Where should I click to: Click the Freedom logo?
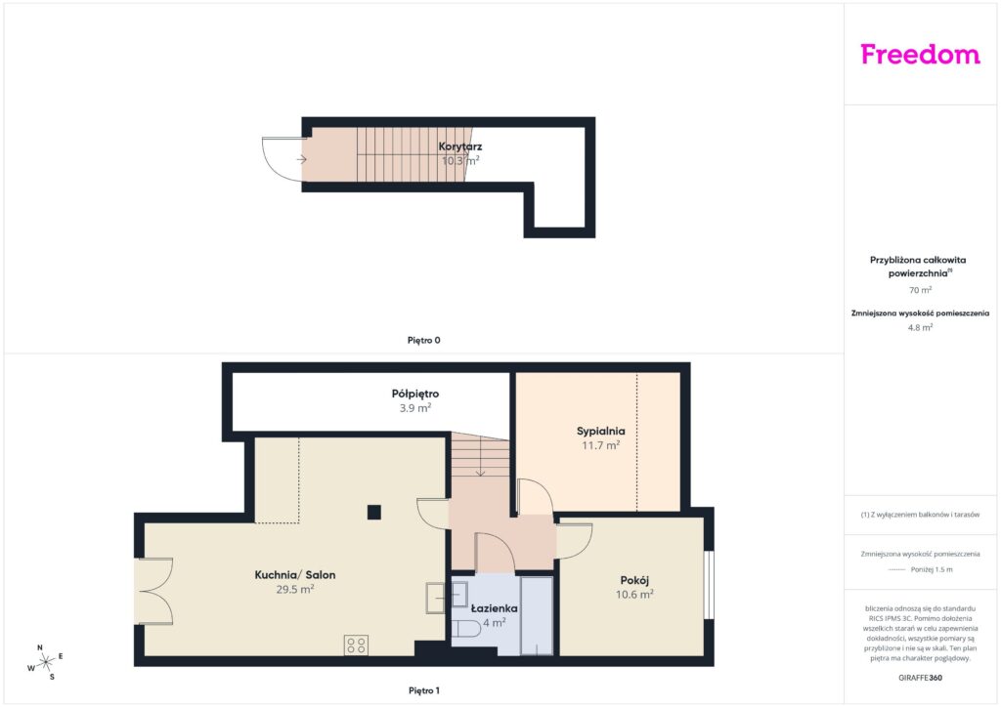coord(920,55)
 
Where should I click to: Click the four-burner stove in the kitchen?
coord(356,645)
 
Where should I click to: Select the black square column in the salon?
coord(374,512)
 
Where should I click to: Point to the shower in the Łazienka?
coord(537,616)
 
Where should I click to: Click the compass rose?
coord(45,663)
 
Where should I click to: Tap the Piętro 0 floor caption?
coord(424,341)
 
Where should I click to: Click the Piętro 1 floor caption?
coord(424,690)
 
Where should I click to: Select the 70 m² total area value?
coord(920,290)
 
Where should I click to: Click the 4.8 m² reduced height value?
coord(920,328)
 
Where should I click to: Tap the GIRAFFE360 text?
coord(920,678)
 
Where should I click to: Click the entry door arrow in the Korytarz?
coord(302,159)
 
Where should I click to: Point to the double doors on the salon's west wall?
coord(153,591)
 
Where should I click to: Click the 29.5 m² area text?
coord(295,590)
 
